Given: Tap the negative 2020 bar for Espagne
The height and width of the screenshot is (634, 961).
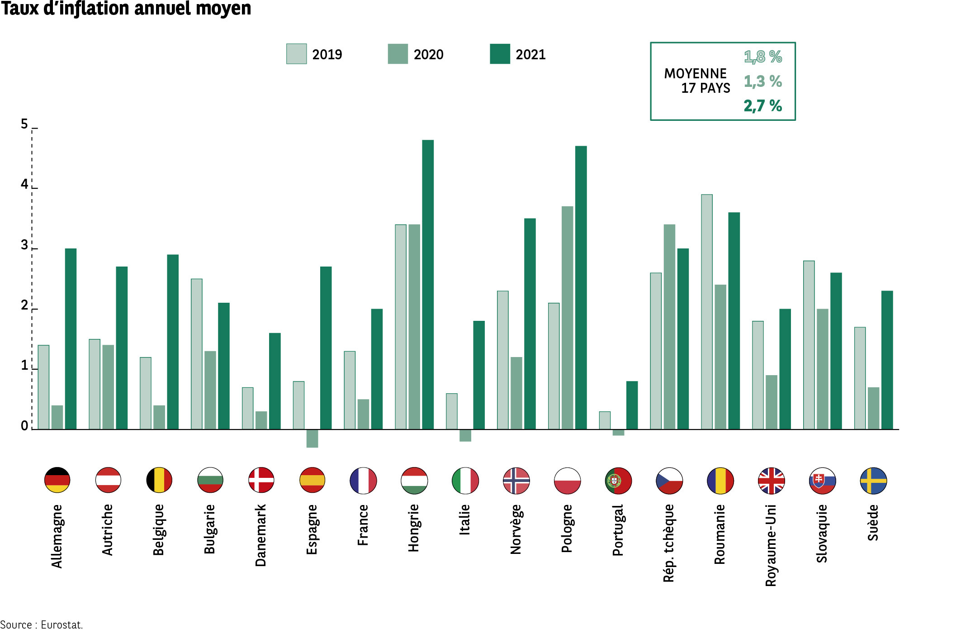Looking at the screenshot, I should tap(312, 439).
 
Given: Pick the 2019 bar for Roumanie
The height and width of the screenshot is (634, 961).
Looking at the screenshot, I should tap(707, 312).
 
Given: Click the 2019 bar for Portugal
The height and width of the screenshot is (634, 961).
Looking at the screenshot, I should tap(605, 420).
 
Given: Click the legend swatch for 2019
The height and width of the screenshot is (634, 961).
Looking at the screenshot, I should tap(296, 54).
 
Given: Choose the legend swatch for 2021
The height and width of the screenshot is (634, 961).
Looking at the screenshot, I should tap(500, 54).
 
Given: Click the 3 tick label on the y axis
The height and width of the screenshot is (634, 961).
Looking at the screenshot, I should tap(24, 245).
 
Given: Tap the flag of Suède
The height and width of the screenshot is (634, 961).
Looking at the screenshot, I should tap(873, 481).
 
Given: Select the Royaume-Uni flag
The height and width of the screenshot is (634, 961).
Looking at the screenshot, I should tap(771, 481).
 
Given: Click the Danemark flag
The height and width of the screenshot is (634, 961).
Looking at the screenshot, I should tap(261, 480).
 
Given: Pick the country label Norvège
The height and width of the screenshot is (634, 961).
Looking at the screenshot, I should tap(516, 529).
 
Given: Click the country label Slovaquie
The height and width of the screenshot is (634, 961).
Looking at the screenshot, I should tap(822, 534).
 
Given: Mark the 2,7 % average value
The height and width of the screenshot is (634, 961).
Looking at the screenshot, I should tap(763, 106).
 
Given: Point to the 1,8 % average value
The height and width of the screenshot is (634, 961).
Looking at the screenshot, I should tap(763, 57).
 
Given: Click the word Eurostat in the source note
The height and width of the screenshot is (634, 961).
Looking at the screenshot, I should tap(62, 625).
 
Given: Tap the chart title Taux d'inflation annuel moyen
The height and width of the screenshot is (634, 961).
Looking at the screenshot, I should tap(126, 9).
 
